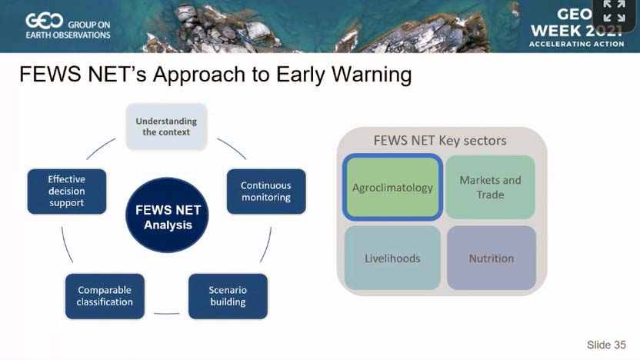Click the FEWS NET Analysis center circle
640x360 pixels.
point(167,215)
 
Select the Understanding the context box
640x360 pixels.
point(166,126)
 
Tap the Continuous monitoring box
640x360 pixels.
point(266,192)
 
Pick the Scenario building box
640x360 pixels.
point(228,296)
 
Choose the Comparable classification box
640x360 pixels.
point(105,296)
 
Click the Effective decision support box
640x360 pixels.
point(67,191)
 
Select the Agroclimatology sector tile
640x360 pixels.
point(392,188)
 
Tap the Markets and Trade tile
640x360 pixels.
point(490,187)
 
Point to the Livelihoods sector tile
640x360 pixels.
point(392,258)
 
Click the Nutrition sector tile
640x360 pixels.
point(492,258)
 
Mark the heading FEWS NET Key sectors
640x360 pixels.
point(440,141)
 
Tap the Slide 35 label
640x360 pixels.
point(606,345)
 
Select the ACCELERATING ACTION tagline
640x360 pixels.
point(577,44)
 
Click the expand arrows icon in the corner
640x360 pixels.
point(615,11)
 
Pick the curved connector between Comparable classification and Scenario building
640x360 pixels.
point(166,314)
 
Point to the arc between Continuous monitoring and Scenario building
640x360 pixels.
point(266,245)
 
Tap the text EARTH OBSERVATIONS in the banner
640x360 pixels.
point(68,35)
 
